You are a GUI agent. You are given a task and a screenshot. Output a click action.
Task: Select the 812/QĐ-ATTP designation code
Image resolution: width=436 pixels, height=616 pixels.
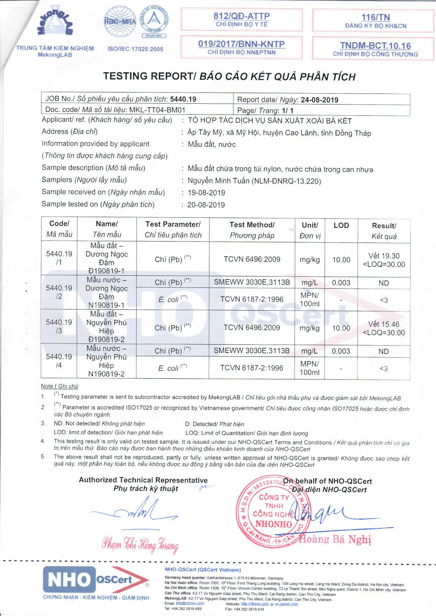(x=241, y=16)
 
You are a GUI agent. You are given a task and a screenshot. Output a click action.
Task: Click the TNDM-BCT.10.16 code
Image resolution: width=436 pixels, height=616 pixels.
(x=375, y=46)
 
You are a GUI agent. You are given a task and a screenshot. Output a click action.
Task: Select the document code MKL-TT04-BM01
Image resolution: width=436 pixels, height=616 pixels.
(x=157, y=110)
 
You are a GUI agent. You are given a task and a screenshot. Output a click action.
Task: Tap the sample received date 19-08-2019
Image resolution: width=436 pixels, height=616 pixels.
(x=206, y=193)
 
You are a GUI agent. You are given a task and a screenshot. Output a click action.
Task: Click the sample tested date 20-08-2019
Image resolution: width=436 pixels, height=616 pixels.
(x=206, y=205)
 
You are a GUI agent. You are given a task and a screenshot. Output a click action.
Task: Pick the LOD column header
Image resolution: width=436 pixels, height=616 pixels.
(x=341, y=225)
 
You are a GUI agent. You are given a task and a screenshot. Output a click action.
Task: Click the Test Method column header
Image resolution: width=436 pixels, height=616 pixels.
(x=252, y=230)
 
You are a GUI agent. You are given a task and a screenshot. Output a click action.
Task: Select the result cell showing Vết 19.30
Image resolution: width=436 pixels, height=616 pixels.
(x=384, y=260)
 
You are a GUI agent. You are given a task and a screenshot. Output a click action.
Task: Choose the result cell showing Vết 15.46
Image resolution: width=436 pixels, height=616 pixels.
(x=384, y=328)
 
